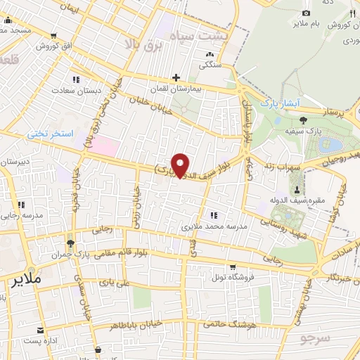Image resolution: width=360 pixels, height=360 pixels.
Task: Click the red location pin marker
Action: pyautogui.click(x=181, y=165)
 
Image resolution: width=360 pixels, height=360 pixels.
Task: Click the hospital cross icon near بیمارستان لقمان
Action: pyautogui.click(x=176, y=77)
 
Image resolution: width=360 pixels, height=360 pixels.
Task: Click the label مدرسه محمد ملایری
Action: pyautogui.click(x=210, y=227)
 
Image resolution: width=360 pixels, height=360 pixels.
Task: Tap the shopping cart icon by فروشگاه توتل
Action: pyautogui.click(x=232, y=266)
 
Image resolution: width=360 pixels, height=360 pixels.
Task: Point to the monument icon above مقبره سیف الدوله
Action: pyautogui.click(x=297, y=190)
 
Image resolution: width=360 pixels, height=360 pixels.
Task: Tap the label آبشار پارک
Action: pyautogui.click(x=280, y=103)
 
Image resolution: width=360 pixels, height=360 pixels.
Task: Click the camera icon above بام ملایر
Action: pyautogui.click(x=305, y=13)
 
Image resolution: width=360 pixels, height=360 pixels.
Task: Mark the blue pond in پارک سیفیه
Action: pyautogui.click(x=329, y=145)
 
